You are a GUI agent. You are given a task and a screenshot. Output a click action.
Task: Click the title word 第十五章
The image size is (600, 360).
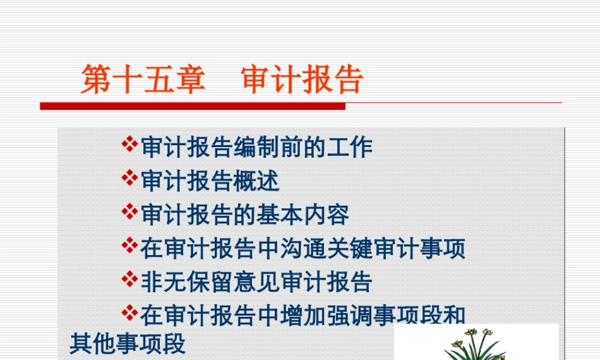(x=143, y=80)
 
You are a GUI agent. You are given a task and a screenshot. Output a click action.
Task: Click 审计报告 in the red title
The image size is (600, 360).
(x=303, y=80)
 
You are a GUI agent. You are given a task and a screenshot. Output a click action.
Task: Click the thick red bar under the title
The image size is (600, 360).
(x=192, y=106)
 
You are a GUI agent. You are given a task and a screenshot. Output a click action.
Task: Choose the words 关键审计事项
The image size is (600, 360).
(x=396, y=248)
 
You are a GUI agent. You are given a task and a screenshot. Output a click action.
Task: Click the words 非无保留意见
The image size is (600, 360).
(x=198, y=281)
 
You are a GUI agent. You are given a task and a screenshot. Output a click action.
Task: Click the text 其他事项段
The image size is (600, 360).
(x=128, y=344)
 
